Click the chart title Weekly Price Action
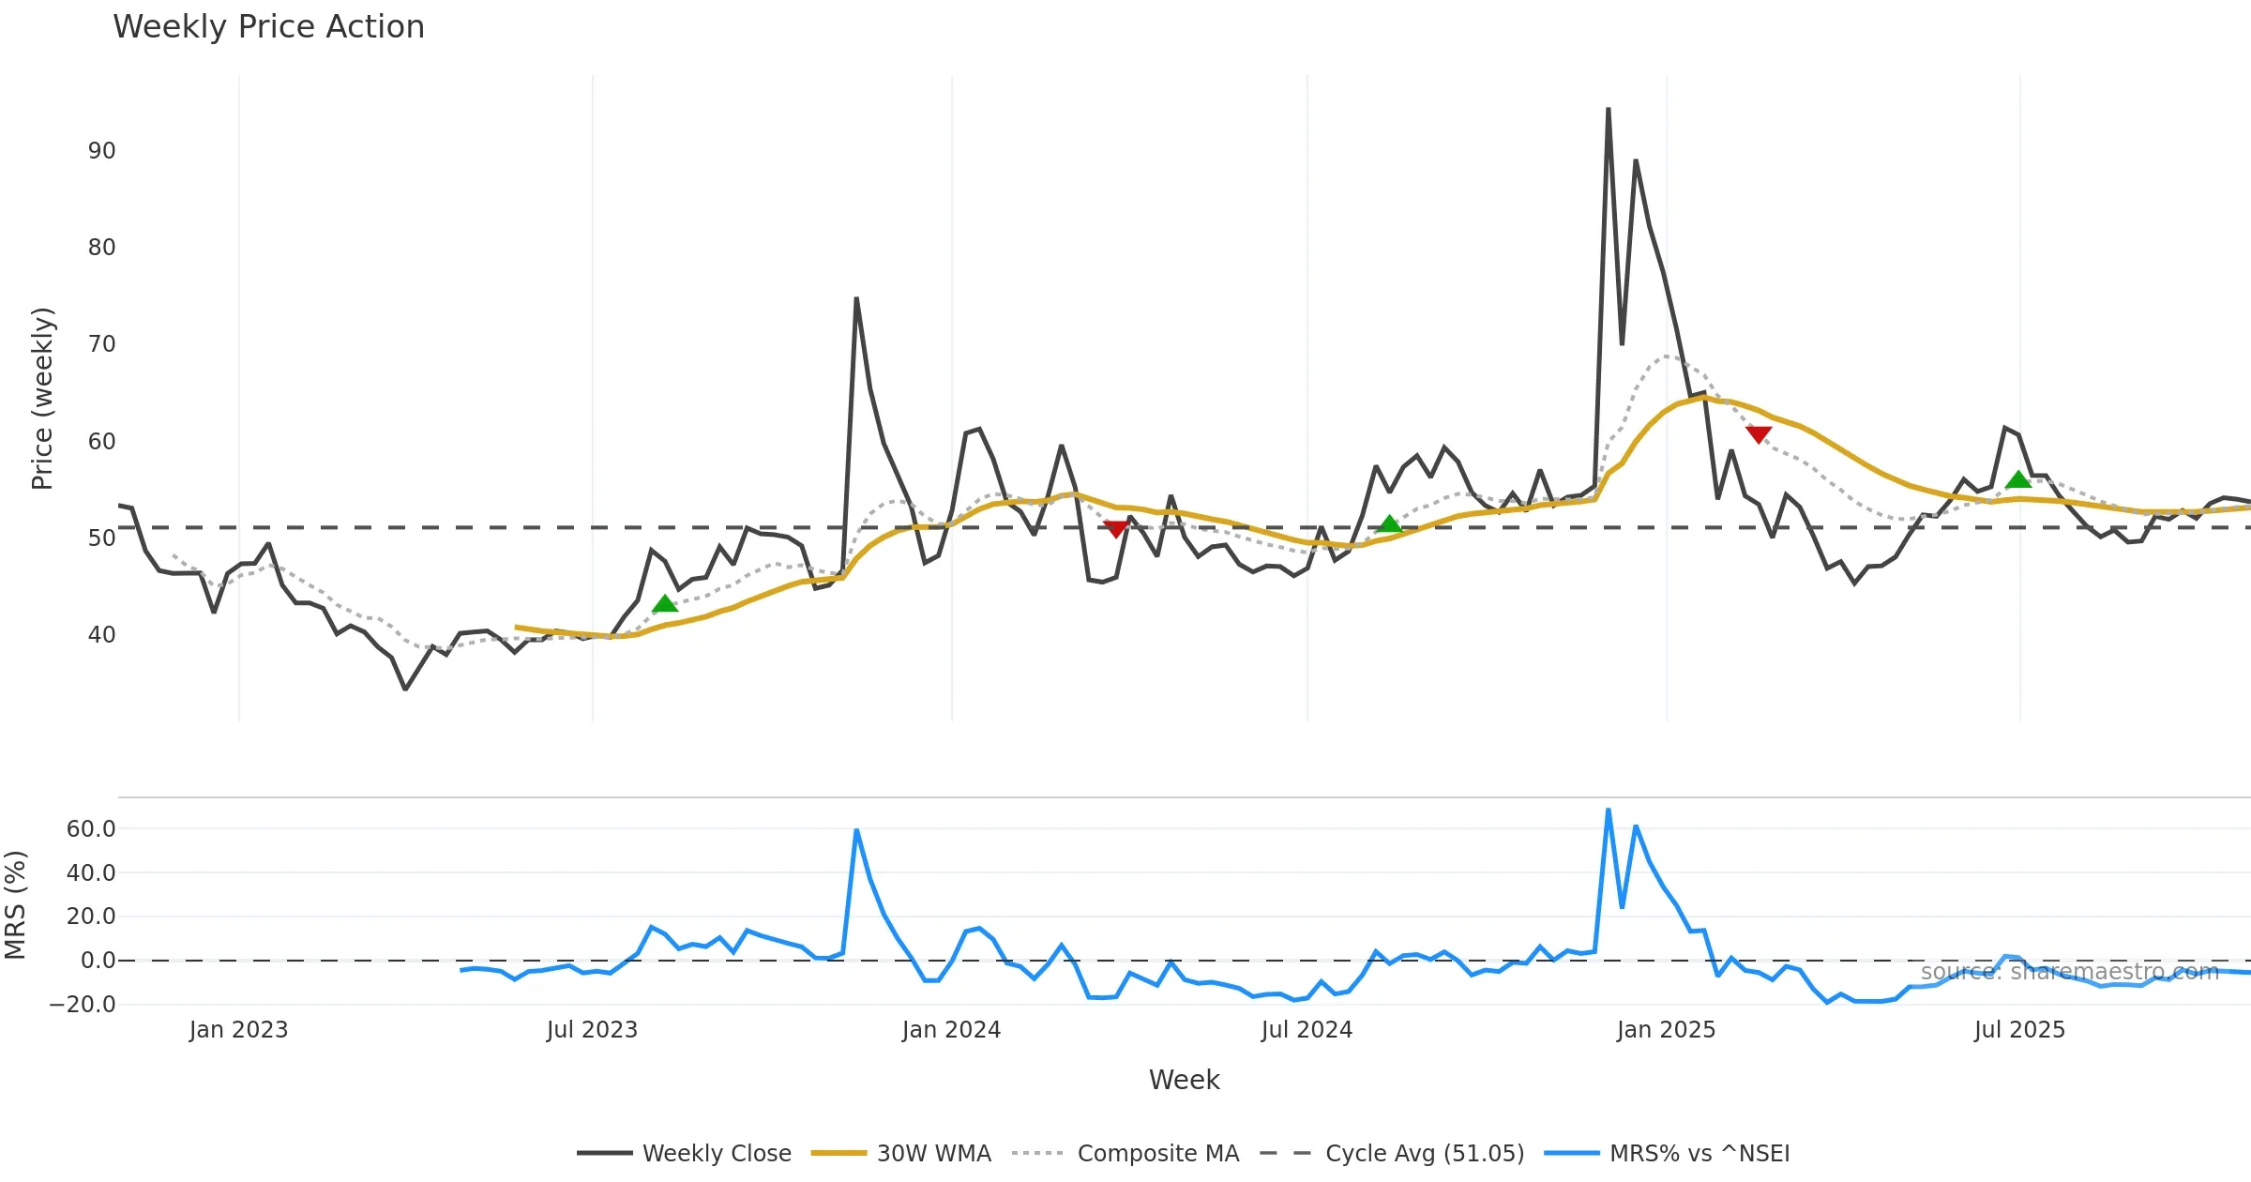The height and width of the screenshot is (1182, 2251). point(268,27)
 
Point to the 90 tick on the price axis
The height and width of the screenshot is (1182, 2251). point(101,151)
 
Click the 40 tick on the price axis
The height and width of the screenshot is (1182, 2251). point(101,635)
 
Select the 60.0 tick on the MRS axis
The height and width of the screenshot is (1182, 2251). point(91,829)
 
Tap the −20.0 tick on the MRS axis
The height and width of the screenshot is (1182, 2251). point(83,1005)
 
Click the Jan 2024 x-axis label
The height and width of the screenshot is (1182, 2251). point(951,1030)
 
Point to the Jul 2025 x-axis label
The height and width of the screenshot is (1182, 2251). point(2019,1030)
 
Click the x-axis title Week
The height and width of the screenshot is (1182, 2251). point(1184,1081)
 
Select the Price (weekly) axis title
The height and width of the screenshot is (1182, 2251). point(43,399)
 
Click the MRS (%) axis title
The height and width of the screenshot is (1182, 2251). point(16,905)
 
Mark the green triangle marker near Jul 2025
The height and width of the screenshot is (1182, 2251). point(2018,480)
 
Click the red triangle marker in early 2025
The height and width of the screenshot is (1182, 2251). point(1759,434)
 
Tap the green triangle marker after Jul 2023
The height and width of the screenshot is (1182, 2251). point(665,604)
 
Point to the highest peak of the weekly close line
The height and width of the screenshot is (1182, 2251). point(1609,110)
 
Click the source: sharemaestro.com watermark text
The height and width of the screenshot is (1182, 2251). point(2069,972)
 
